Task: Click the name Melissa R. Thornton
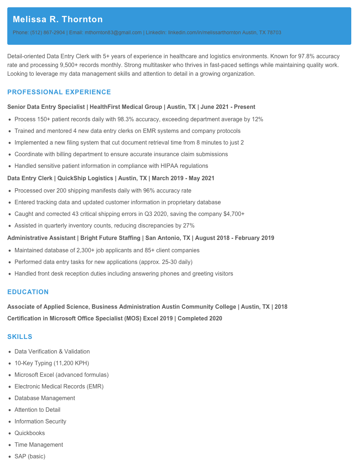pyautogui.click(x=58, y=19)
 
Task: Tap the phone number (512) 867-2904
pyautogui.click(x=47, y=32)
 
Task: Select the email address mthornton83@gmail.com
pyautogui.click(x=113, y=32)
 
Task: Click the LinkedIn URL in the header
pyautogui.click(x=204, y=32)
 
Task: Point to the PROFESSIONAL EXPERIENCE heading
pyautogui.click(x=59, y=92)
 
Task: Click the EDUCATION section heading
pyautogui.click(x=28, y=292)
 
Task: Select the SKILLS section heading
pyautogui.click(x=20, y=337)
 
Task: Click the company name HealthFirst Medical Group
pyautogui.click(x=126, y=107)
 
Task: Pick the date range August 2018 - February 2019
pyautogui.click(x=234, y=238)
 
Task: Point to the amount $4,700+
pyautogui.click(x=234, y=214)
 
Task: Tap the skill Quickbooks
pyautogui.click(x=30, y=433)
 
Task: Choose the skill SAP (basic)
pyautogui.click(x=30, y=457)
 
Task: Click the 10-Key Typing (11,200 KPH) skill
pyautogui.click(x=52, y=363)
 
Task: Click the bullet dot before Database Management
pyautogui.click(x=9, y=398)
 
